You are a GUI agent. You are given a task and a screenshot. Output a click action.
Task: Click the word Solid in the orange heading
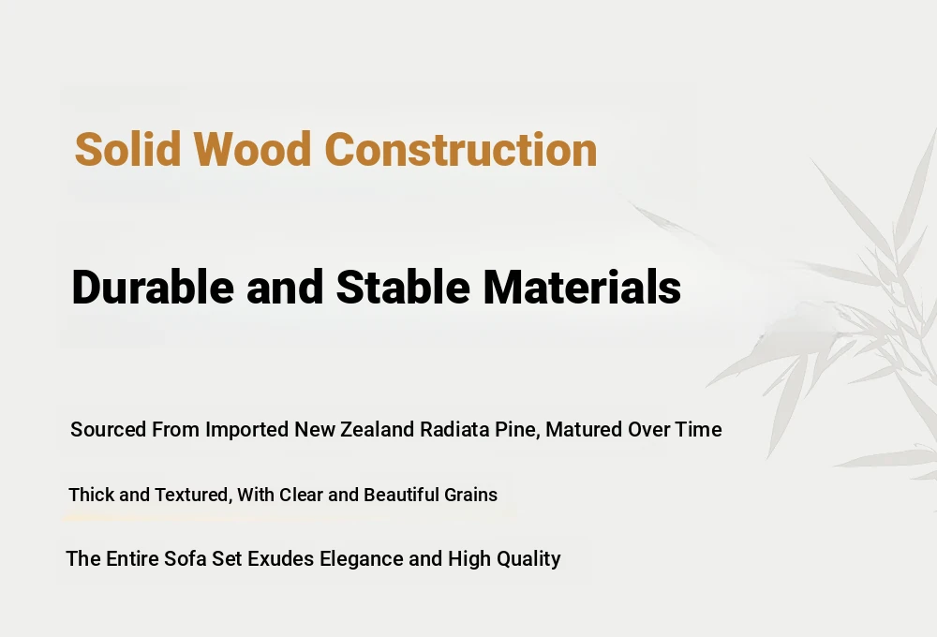click(127, 148)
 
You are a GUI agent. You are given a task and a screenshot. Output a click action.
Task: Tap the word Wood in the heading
click(251, 148)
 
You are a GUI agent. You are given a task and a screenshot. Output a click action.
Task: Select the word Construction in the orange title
click(460, 148)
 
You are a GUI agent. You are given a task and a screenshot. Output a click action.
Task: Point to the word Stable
click(403, 287)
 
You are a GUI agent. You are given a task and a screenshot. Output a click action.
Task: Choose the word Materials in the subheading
click(582, 287)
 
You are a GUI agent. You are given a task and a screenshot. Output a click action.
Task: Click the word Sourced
click(108, 429)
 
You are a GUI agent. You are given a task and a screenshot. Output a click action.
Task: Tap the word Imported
click(246, 430)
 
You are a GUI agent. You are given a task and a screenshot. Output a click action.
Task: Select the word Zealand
click(377, 429)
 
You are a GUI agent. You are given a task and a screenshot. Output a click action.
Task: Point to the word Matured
click(584, 429)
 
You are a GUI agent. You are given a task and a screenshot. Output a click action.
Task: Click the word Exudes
click(280, 558)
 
